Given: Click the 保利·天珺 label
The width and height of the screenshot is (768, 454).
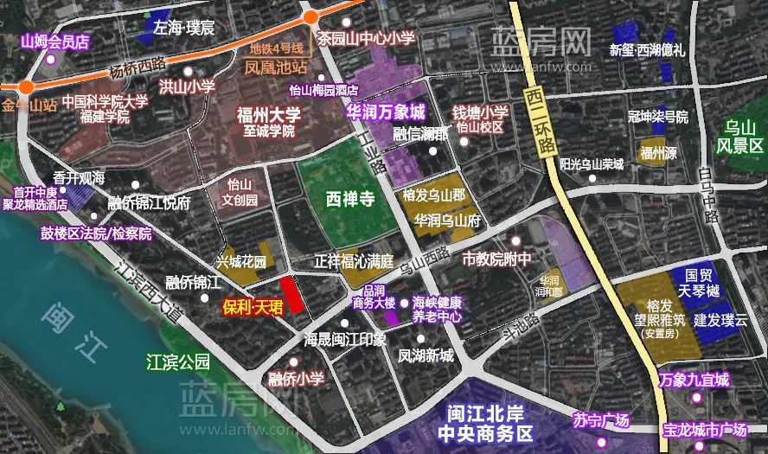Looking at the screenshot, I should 247,306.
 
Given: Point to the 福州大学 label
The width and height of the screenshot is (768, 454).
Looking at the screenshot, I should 269,115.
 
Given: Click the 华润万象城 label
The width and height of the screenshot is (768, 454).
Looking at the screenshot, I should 386,112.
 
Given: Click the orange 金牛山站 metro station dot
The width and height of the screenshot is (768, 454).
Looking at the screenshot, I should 29,86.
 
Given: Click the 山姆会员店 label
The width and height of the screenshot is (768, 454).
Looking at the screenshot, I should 55,41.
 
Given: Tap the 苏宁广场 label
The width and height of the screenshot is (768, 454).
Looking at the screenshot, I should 601,421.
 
